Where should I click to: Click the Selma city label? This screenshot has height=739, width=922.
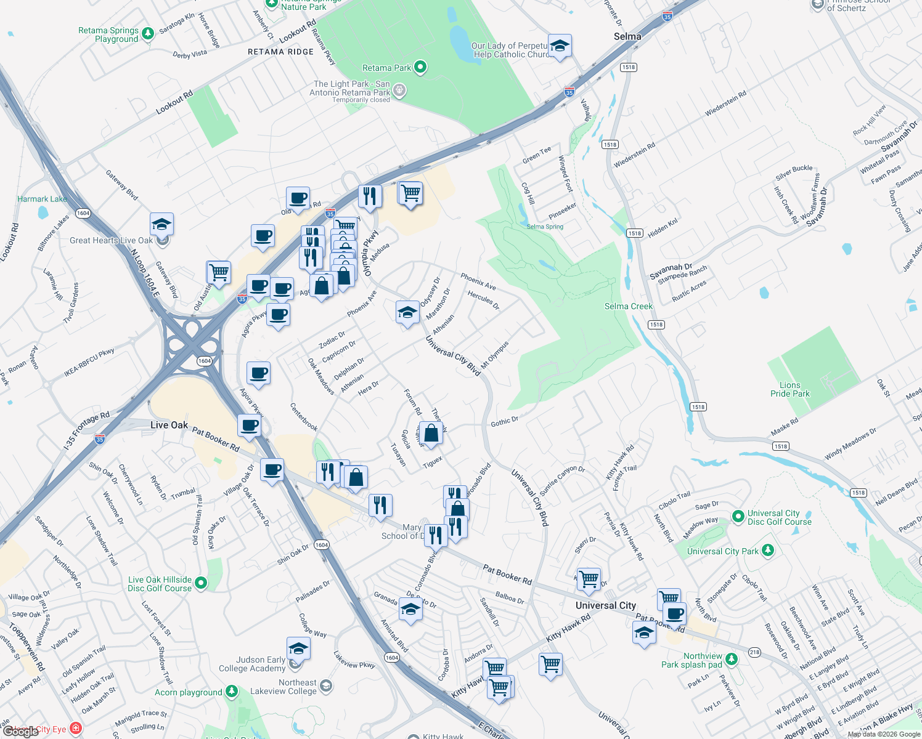(627, 36)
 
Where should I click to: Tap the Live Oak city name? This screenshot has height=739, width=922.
(169, 425)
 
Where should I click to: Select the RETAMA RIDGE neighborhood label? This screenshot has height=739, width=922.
(280, 52)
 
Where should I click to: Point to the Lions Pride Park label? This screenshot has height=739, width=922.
(790, 389)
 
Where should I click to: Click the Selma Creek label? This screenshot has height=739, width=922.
(628, 306)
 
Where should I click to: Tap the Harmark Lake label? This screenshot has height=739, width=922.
(42, 199)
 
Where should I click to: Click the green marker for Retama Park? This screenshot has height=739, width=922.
(420, 67)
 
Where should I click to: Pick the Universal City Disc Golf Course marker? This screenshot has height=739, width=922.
(738, 516)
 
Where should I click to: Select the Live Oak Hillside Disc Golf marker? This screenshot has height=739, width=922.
(200, 583)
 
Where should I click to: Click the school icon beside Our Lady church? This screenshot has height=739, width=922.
(560, 46)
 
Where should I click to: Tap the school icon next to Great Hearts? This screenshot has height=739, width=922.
(161, 224)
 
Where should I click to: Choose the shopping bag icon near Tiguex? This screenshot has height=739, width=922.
(431, 433)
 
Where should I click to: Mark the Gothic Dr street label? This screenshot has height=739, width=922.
(504, 422)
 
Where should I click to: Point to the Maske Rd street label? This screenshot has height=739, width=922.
(784, 427)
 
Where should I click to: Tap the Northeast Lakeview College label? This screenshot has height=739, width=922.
(290, 687)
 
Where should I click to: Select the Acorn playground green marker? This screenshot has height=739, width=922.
(231, 692)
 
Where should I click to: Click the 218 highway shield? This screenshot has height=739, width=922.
(754, 652)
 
